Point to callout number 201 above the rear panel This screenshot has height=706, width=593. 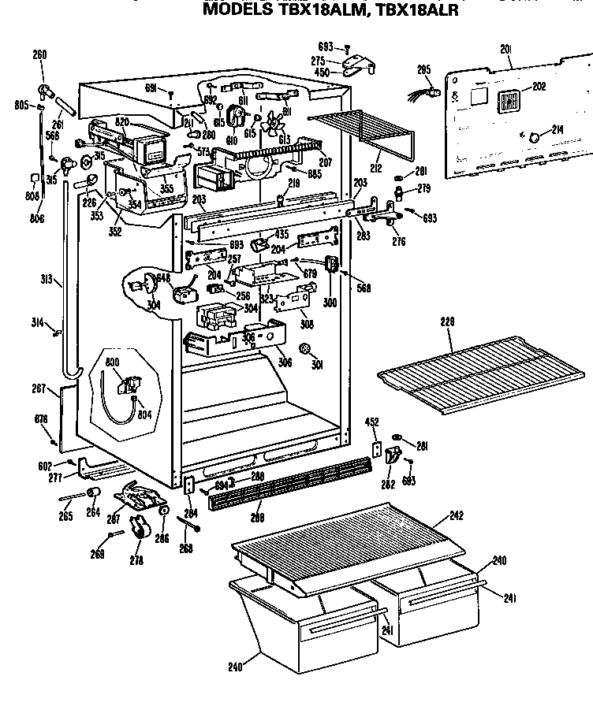click(x=506, y=49)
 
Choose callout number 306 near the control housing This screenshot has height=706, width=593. click(x=284, y=363)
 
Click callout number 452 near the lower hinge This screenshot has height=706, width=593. click(x=372, y=422)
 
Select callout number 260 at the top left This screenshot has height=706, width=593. click(x=39, y=55)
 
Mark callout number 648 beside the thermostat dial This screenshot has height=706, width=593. click(x=163, y=277)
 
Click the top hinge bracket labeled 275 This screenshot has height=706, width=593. click(x=359, y=62)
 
